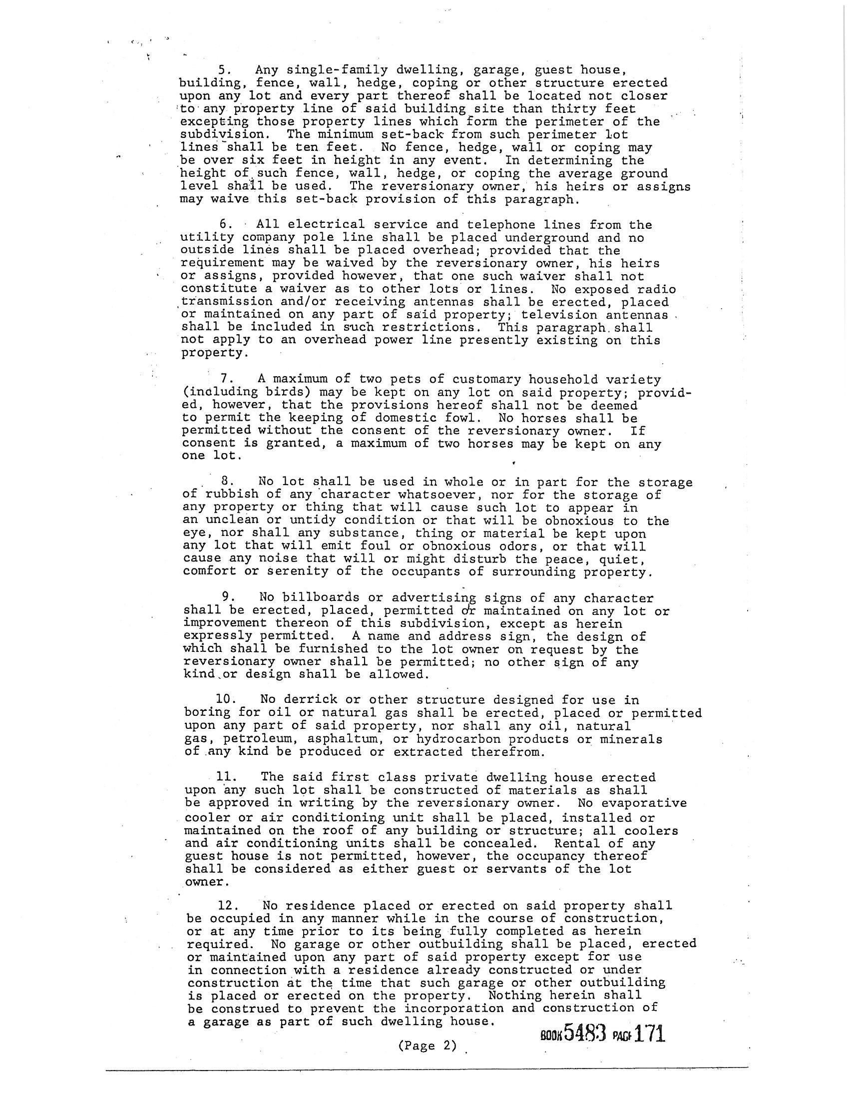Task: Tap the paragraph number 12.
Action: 226,906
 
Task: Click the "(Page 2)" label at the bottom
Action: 427,1046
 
